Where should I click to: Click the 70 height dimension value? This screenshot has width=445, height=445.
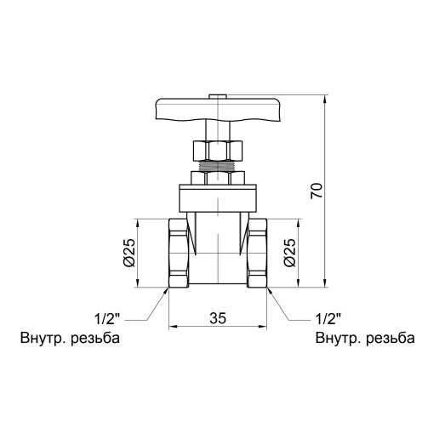tap(316, 191)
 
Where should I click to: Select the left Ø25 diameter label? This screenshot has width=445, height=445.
tap(128, 253)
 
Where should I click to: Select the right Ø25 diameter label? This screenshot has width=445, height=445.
tap(289, 253)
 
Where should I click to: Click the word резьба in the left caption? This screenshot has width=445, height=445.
tap(93, 338)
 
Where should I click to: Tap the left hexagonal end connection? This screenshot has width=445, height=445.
tap(180, 253)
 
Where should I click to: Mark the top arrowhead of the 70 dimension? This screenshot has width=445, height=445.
tap(327, 100)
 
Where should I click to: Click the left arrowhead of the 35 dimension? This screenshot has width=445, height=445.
tap(173, 326)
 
